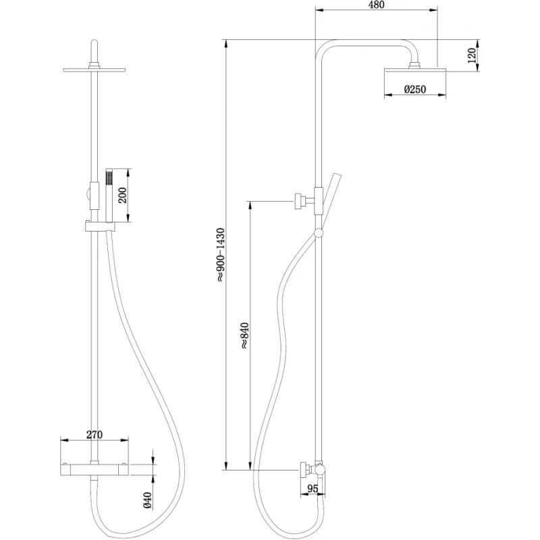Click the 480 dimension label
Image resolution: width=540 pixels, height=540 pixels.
(x=376, y=5)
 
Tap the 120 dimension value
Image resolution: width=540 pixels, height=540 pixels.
(x=471, y=55)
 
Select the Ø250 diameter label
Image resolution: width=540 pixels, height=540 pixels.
(x=415, y=90)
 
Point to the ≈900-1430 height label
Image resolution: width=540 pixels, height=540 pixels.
(x=221, y=255)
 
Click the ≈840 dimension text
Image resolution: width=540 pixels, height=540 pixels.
(x=244, y=335)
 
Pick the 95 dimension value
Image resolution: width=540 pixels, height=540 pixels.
(x=313, y=488)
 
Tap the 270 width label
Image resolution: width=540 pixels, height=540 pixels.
(x=94, y=435)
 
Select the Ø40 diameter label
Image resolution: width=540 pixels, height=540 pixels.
(x=147, y=500)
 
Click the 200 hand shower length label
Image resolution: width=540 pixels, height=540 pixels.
(x=123, y=195)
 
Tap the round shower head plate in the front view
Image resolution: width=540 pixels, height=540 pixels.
(x=94, y=70)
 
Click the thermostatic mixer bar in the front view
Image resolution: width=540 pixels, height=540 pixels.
(x=94, y=469)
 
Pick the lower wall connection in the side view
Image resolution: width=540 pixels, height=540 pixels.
(x=312, y=470)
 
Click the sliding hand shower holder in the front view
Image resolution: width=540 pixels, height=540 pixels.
(x=100, y=226)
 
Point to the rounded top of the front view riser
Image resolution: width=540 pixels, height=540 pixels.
(x=94, y=44)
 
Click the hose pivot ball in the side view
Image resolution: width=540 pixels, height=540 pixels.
(x=319, y=234)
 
